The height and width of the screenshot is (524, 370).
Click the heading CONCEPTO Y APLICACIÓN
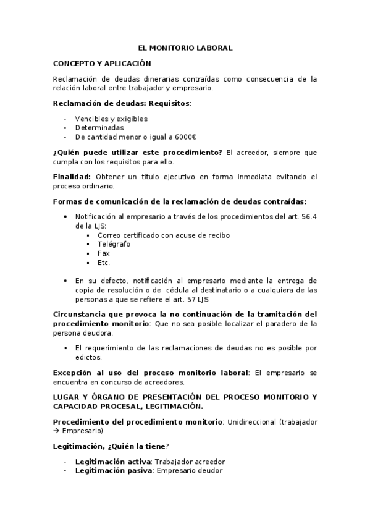pyautogui.click(x=102, y=63)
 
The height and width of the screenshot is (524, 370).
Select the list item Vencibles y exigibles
pyautogui.click(x=111, y=119)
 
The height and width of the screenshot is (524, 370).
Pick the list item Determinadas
pyautogui.click(x=99, y=128)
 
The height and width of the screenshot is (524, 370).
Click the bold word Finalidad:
pyautogui.click(x=72, y=177)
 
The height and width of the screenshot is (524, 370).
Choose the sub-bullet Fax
pyautogui.click(x=104, y=253)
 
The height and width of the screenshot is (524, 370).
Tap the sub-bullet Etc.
pyautogui.click(x=104, y=263)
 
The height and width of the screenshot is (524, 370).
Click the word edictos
pyautogui.click(x=88, y=357)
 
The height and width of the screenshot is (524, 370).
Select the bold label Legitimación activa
pyautogui.click(x=113, y=462)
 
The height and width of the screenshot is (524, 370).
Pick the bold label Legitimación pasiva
pyautogui.click(x=114, y=471)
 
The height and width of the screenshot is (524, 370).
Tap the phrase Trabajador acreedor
pyautogui.click(x=190, y=462)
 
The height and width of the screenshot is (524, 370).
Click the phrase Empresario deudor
pyautogui.click(x=190, y=471)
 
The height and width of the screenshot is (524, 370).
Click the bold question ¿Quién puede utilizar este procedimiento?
pyautogui.click(x=138, y=153)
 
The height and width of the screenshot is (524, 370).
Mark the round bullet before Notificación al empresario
pyautogui.click(x=67, y=217)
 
